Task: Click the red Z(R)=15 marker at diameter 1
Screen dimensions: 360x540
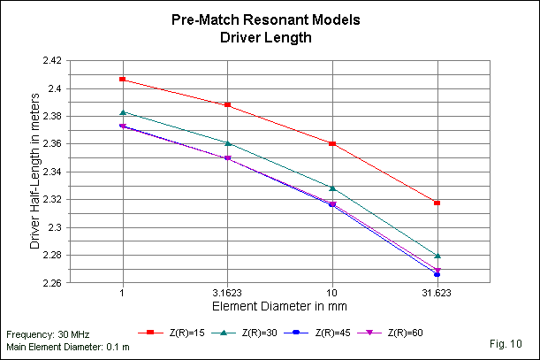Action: tap(123, 80)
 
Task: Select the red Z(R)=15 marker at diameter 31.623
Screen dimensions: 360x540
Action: tap(437, 203)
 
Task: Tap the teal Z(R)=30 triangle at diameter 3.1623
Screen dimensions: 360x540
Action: tap(228, 142)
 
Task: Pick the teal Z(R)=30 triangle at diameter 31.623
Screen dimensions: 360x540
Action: tap(437, 256)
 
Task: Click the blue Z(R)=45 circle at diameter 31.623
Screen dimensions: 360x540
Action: tap(437, 274)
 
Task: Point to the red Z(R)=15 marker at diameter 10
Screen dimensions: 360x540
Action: tap(332, 143)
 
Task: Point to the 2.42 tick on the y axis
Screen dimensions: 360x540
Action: tap(51, 61)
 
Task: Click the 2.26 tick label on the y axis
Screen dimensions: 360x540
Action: tap(51, 283)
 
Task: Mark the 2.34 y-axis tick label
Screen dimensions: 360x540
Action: tap(51, 172)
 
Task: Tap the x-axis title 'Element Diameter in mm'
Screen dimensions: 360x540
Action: tap(278, 306)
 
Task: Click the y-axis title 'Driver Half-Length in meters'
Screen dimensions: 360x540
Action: tap(35, 172)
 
